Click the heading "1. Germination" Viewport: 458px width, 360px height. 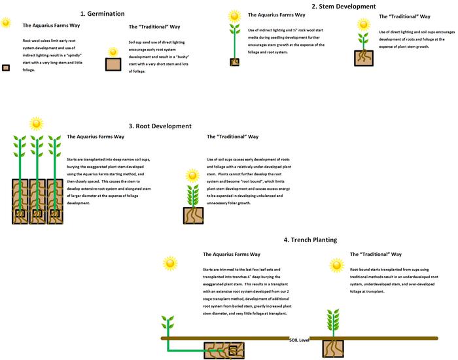102,12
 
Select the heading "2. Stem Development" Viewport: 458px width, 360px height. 343,7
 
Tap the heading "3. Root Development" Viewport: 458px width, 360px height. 160,126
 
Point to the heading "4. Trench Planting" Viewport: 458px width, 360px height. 310,240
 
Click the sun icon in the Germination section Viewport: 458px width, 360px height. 6,24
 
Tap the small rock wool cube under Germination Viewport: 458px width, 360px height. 6,67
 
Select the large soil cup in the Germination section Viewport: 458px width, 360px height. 114,63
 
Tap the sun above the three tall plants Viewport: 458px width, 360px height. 37,123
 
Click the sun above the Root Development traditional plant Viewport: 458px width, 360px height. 192,175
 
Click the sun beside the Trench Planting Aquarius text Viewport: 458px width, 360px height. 170,263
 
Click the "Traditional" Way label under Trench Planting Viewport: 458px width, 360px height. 376,254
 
